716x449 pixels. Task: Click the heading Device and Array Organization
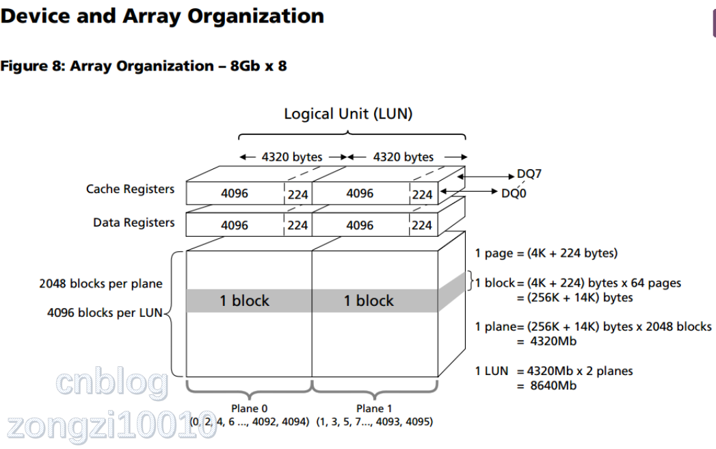tap(162, 16)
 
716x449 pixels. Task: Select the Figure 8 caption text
tap(144, 66)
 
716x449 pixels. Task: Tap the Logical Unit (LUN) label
tap(348, 114)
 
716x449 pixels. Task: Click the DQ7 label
tap(529, 174)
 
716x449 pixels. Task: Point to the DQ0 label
tap(514, 194)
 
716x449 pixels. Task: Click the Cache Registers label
tap(130, 189)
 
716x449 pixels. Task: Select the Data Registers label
tap(133, 222)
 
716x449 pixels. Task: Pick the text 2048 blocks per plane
tap(101, 283)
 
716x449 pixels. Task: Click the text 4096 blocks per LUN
tap(105, 313)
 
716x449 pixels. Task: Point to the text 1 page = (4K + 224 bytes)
tap(546, 253)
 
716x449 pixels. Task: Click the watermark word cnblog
tap(112, 383)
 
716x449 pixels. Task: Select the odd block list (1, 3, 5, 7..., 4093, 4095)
tap(374, 422)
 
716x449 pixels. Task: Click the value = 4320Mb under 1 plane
tap(547, 341)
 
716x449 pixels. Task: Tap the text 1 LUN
tap(492, 371)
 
